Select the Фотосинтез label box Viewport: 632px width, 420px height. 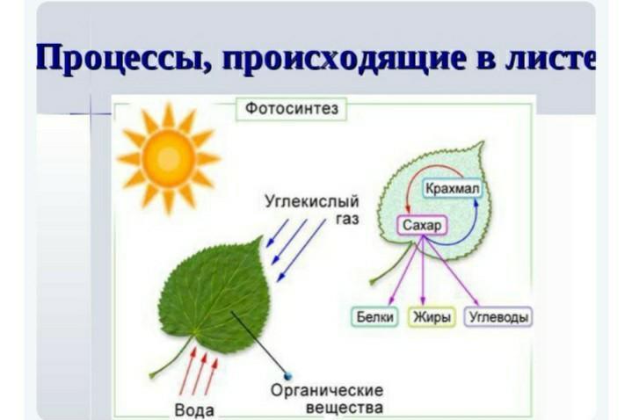pos(292,108)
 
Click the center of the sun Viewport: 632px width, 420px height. pos(169,158)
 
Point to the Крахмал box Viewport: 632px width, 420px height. pos(452,189)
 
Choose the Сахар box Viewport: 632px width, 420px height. pos(422,225)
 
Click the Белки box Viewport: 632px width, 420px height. pos(374,317)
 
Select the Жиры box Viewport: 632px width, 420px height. pos(432,317)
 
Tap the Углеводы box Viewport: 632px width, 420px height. pos(499,317)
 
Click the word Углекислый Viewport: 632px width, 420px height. pos(311,201)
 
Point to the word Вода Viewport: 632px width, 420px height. pos(194,410)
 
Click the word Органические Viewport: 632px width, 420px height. pos(327,391)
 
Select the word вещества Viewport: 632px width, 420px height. pos(345,407)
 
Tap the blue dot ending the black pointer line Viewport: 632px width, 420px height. pos(287,376)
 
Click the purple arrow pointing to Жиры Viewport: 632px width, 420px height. pos(423,270)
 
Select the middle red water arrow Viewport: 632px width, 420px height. pos(200,373)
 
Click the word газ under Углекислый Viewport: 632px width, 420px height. pos(347,220)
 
